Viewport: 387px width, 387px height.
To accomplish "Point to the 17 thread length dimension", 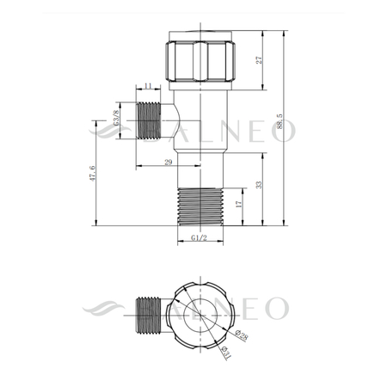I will [x=237, y=206].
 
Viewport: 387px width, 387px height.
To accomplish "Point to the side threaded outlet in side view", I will [x=150, y=120].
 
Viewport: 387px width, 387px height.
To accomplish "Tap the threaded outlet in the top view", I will [x=147, y=315].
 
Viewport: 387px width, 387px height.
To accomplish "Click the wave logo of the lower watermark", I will [x=107, y=307].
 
